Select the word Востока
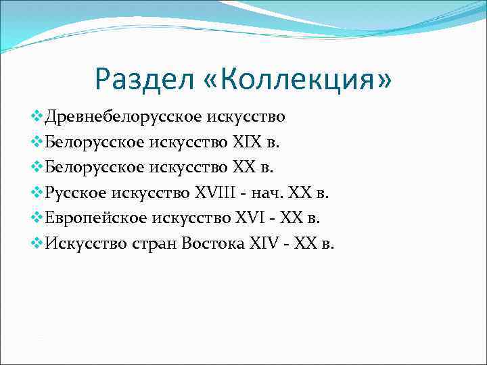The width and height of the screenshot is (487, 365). (210, 243)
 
